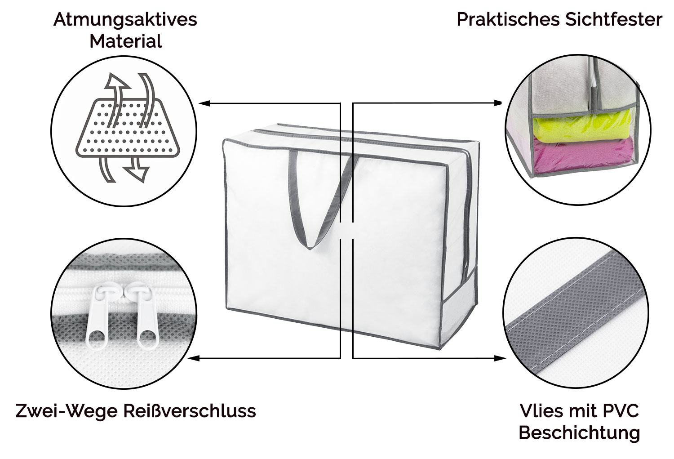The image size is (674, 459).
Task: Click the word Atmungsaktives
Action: tap(125, 20)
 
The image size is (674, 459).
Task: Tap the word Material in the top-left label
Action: tap(125, 41)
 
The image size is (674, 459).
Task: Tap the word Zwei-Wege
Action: tap(67, 410)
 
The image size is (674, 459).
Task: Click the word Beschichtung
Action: tap(579, 433)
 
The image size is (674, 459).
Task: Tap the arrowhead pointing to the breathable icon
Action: tap(204, 103)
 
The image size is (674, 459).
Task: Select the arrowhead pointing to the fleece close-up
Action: tap(501, 358)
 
